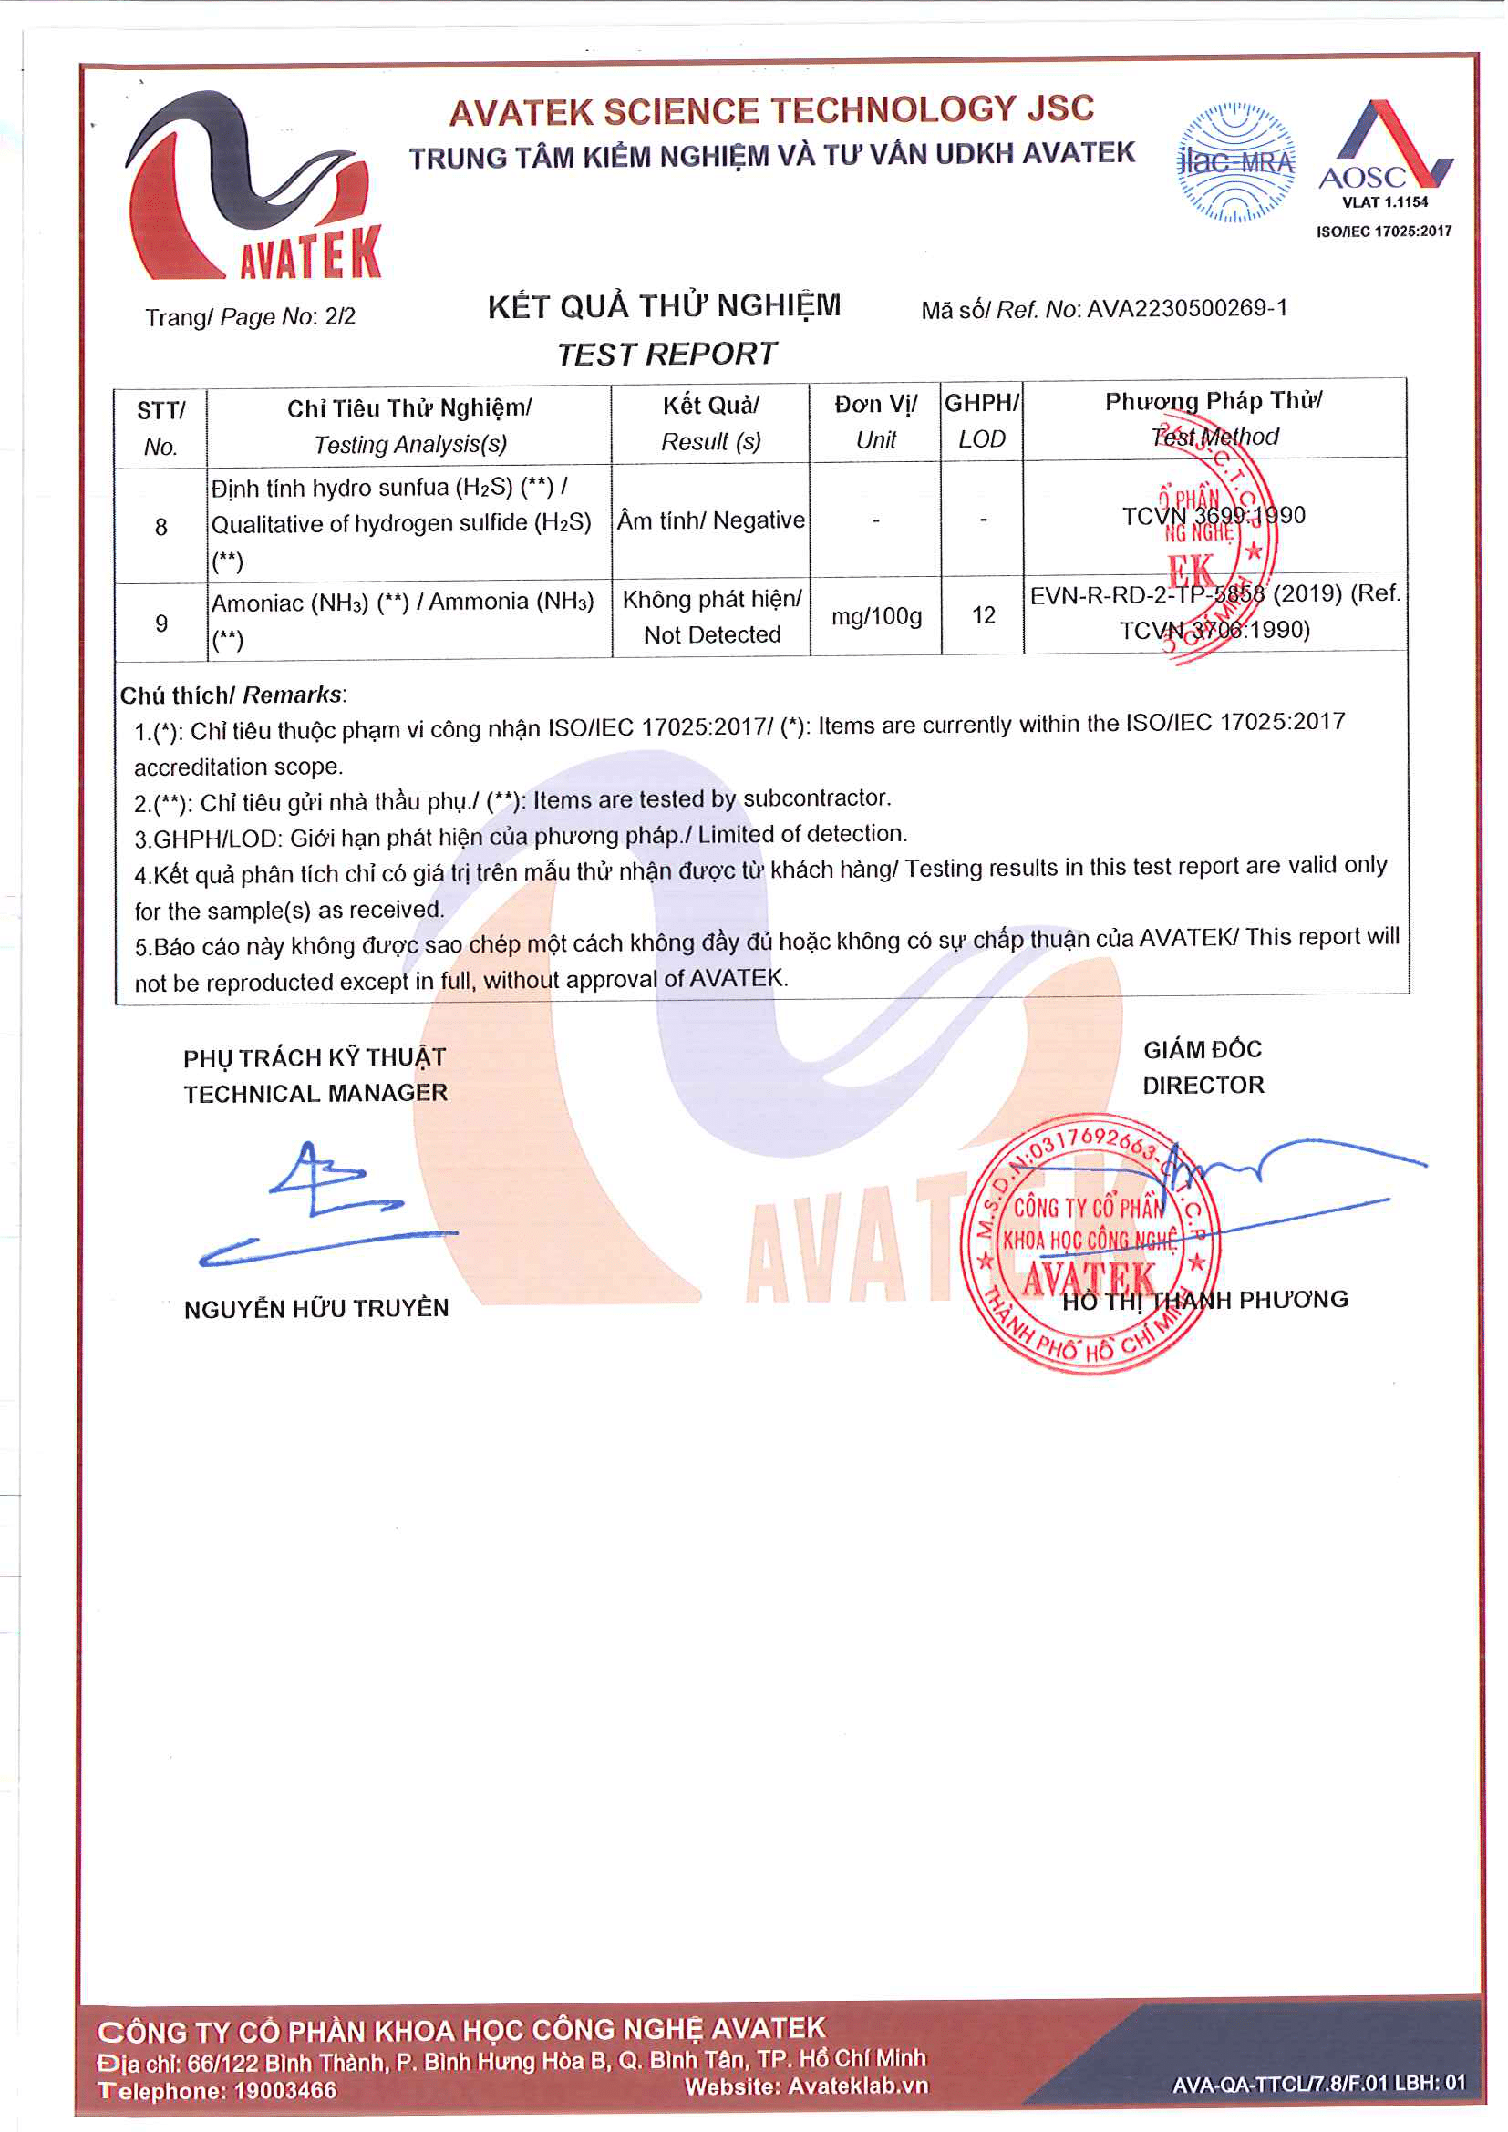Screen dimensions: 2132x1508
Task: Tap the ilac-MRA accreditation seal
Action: click(1235, 163)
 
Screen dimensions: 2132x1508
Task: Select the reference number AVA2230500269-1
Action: click(1187, 308)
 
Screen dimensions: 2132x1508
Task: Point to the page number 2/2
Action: click(340, 316)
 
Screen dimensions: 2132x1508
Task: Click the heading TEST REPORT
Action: click(666, 354)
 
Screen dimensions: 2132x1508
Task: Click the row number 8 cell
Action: click(160, 527)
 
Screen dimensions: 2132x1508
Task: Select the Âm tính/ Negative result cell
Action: click(710, 520)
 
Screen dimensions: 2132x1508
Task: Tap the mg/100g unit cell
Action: click(875, 616)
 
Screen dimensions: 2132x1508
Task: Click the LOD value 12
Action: click(984, 615)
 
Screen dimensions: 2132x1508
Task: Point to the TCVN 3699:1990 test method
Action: click(1213, 516)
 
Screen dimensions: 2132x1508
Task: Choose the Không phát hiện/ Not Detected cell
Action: click(711, 616)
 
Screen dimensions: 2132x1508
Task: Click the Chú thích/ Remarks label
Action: click(232, 695)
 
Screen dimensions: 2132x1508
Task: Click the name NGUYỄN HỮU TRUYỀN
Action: click(315, 1308)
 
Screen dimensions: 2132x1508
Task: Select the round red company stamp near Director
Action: click(1090, 1244)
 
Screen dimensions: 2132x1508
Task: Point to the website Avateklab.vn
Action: click(857, 2086)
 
